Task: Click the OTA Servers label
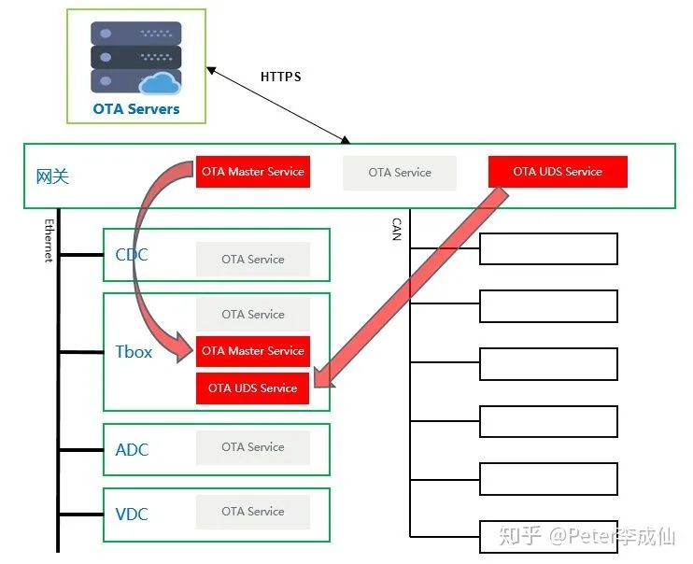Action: (x=135, y=108)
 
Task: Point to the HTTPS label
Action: (x=280, y=77)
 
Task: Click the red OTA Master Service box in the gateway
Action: (x=252, y=172)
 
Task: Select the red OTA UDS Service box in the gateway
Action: (x=558, y=172)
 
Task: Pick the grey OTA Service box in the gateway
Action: (x=400, y=173)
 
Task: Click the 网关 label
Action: (x=52, y=176)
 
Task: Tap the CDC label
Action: (x=132, y=255)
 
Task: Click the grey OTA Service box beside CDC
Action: (x=252, y=260)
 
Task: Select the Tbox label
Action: (x=133, y=353)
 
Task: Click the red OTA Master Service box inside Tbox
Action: (x=252, y=351)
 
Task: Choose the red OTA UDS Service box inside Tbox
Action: (x=252, y=388)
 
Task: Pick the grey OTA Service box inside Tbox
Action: (x=252, y=315)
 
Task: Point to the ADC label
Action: (x=132, y=450)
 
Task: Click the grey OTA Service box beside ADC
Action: (x=252, y=447)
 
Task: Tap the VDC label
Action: (x=132, y=515)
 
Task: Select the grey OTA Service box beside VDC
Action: (x=252, y=512)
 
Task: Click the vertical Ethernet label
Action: (x=49, y=240)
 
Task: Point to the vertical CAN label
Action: (x=396, y=230)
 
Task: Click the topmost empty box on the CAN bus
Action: (x=548, y=249)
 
